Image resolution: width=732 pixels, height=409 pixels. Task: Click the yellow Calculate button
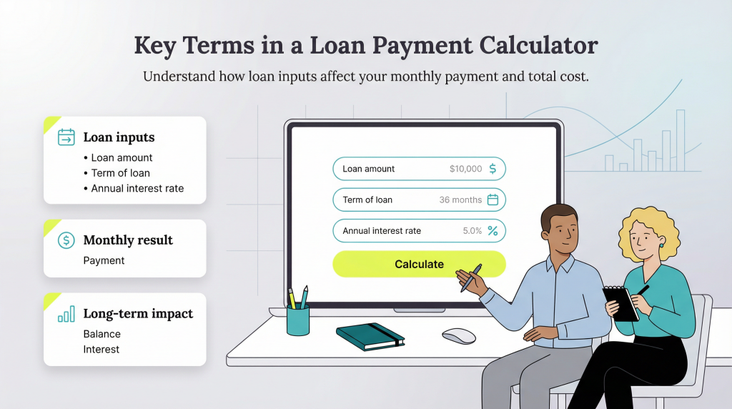[x=419, y=264]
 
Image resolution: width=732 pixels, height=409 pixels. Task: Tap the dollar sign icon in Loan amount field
[x=493, y=169]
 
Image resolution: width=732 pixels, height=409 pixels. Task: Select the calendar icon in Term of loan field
[x=493, y=199]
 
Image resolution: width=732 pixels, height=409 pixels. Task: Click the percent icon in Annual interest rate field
[x=493, y=231]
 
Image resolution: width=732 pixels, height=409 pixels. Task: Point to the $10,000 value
[x=465, y=169]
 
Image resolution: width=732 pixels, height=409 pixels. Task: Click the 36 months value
[x=460, y=200]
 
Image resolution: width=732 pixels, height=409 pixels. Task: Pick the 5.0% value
[x=472, y=231]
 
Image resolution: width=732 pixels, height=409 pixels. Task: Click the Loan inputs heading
[x=119, y=137]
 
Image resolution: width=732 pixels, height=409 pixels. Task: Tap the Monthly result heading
[x=128, y=240]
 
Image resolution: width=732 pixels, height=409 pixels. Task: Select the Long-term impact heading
[x=138, y=313]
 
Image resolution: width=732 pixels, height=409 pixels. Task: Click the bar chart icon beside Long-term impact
[x=66, y=313]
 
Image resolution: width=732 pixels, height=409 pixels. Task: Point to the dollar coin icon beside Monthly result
[x=66, y=240]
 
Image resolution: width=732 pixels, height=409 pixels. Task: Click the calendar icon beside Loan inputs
[x=66, y=137]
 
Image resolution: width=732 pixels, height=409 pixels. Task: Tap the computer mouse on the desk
[x=458, y=335]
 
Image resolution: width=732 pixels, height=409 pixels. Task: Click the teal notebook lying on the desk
[x=370, y=335]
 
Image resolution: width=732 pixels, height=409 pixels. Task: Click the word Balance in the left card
[x=102, y=334]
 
